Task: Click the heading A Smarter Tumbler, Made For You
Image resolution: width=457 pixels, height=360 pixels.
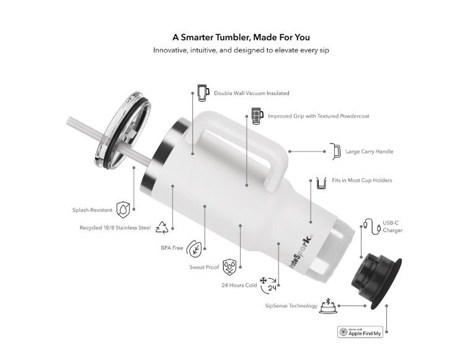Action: [x=241, y=37]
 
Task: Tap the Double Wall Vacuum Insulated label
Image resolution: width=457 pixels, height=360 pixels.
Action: [x=252, y=93]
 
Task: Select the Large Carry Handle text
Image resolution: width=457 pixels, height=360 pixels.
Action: [x=370, y=151]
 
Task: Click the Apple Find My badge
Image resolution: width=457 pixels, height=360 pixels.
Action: [x=360, y=332]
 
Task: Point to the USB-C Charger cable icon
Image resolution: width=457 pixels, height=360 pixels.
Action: [x=372, y=227]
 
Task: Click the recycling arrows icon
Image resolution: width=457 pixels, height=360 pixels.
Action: [x=162, y=228]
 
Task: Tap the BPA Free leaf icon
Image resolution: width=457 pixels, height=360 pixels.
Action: [x=194, y=249]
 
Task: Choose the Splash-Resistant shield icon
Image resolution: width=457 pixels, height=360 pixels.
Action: [x=123, y=209]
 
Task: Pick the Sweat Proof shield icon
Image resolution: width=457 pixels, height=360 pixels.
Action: [x=229, y=268]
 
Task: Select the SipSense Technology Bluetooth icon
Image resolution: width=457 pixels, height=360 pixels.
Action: [x=328, y=306]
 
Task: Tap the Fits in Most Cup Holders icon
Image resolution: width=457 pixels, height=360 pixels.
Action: [x=321, y=183]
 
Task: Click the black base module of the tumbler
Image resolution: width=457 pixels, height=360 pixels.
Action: [x=378, y=281]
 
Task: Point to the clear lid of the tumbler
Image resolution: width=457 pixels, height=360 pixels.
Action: [x=123, y=131]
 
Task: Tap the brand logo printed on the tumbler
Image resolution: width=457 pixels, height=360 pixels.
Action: [x=300, y=251]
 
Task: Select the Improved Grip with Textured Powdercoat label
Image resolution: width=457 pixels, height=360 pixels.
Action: [x=318, y=116]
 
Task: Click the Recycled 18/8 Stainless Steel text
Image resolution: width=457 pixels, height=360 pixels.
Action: [x=115, y=228]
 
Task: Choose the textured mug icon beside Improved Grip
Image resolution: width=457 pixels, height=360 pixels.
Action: [x=257, y=116]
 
